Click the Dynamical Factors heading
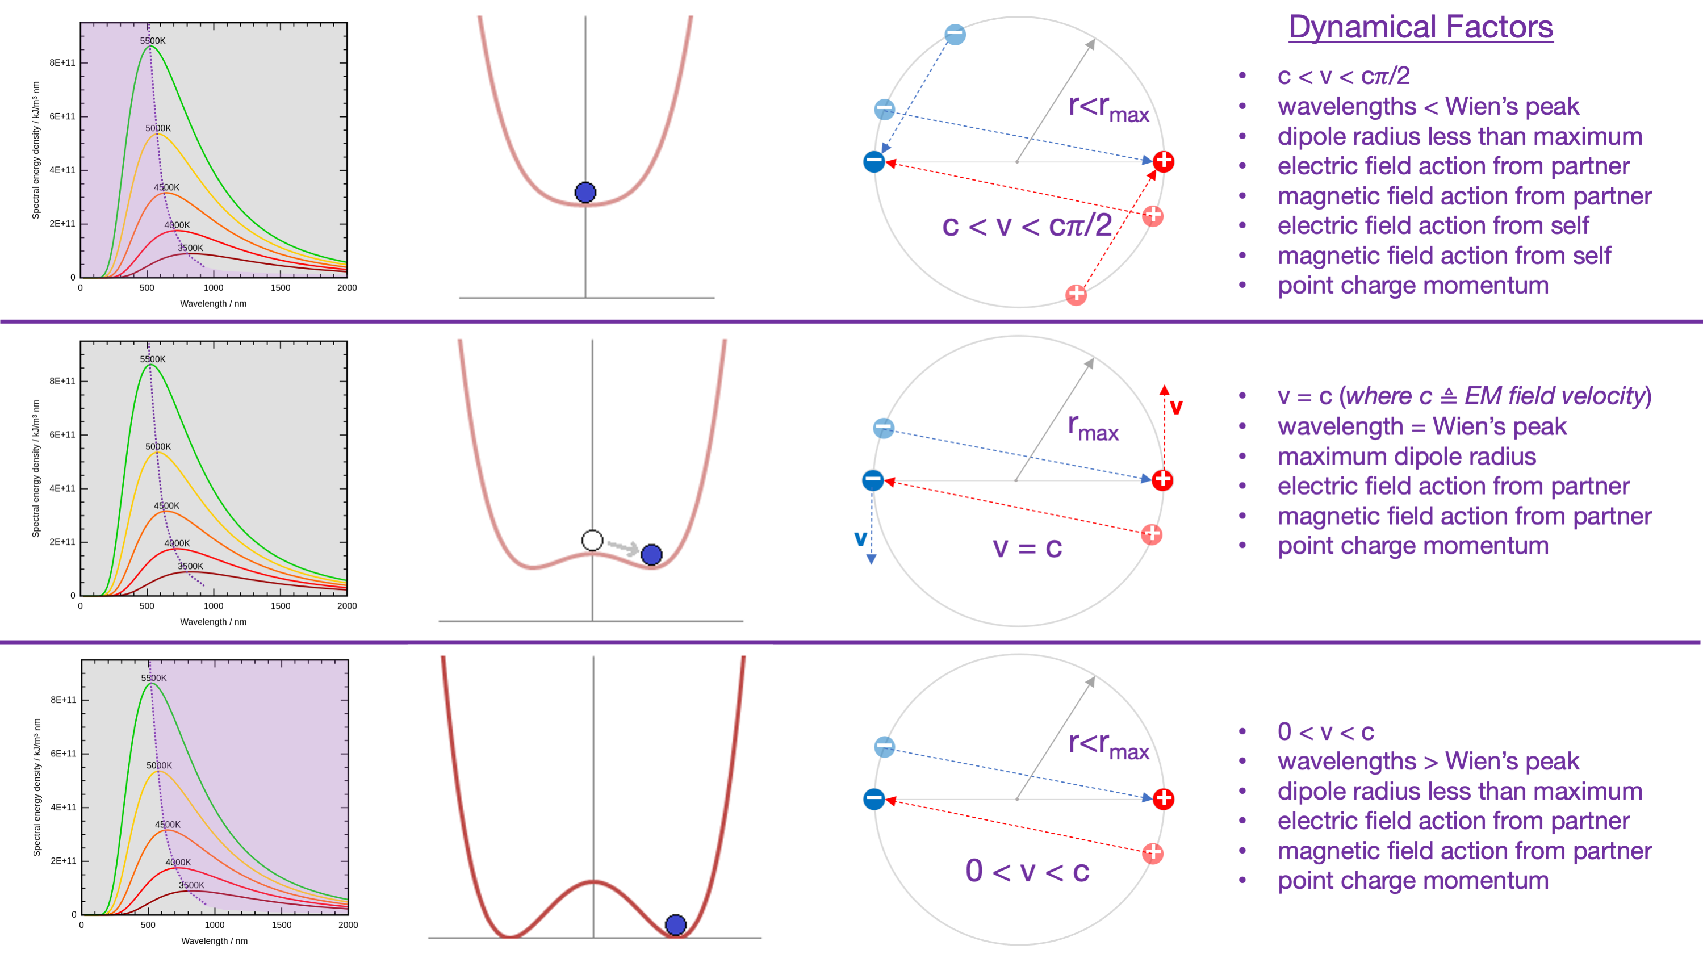(x=1420, y=28)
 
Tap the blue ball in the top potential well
(x=585, y=193)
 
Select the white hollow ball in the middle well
(x=592, y=540)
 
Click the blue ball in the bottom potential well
(x=675, y=924)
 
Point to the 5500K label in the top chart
(x=153, y=41)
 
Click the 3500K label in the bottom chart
(x=192, y=885)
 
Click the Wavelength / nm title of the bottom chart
(x=214, y=940)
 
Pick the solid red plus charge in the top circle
(x=1164, y=161)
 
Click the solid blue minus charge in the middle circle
(x=873, y=480)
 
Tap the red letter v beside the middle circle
(x=1176, y=407)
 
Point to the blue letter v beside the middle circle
(x=860, y=538)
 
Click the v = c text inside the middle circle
(x=1027, y=547)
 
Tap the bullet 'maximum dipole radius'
(x=1406, y=456)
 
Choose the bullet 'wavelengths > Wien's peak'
(x=1428, y=761)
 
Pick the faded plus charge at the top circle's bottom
(x=1076, y=294)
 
